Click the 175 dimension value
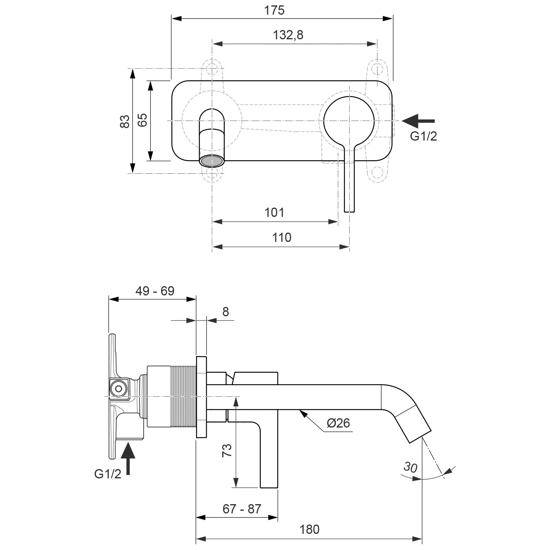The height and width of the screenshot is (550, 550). [x=274, y=10]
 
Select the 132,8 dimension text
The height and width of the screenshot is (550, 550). [x=288, y=35]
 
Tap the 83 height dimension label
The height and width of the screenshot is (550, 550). [x=125, y=121]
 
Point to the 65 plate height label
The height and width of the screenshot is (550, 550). [x=143, y=120]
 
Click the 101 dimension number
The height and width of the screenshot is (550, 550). [x=274, y=213]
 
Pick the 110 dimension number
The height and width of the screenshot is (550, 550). [x=282, y=238]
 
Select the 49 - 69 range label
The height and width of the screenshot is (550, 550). [x=155, y=291]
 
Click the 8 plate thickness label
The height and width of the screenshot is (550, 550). [x=225, y=312]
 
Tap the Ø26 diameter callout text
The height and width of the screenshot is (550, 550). [x=338, y=423]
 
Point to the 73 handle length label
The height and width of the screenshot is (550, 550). [x=227, y=450]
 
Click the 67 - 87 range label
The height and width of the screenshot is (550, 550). [x=242, y=509]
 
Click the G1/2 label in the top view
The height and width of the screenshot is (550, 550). [x=423, y=136]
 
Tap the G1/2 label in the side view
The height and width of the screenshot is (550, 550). [x=107, y=474]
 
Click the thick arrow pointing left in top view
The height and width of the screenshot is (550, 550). [x=418, y=121]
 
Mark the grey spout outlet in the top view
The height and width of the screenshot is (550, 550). [x=212, y=161]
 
